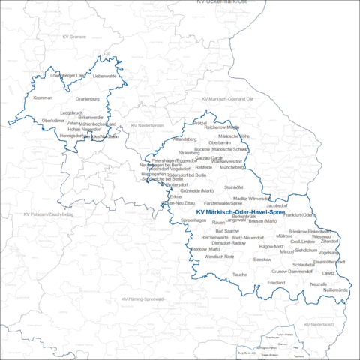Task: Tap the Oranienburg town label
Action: (88, 98)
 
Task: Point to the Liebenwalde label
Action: (105, 76)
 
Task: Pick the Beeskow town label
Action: (262, 259)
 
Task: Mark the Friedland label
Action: (276, 282)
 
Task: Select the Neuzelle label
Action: (319, 284)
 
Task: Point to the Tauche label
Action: (239, 274)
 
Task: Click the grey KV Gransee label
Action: (74, 36)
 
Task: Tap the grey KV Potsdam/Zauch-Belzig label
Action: (48, 215)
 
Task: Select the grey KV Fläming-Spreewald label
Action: (142, 298)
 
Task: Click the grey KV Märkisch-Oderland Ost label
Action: (228, 98)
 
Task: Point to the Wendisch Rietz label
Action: (220, 256)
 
